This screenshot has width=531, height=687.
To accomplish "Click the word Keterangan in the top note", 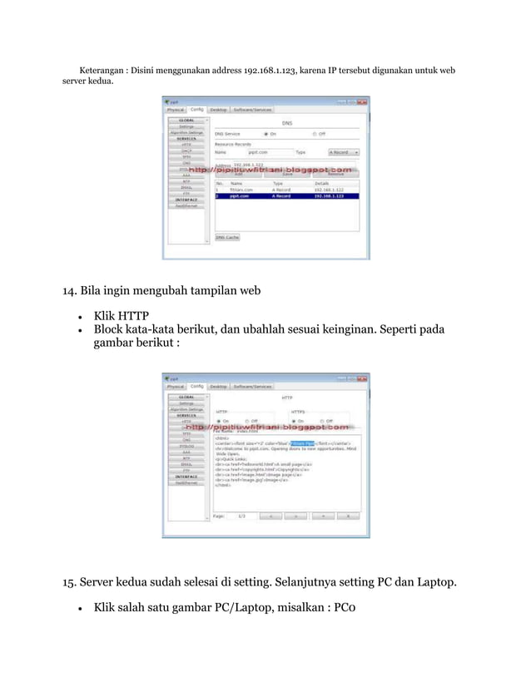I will click(104, 71).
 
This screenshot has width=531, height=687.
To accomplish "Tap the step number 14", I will click(71, 291).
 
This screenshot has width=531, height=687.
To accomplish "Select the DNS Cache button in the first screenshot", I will click(228, 237).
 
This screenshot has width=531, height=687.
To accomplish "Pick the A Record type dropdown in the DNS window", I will click(343, 153).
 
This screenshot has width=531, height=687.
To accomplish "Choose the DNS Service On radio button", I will click(265, 133).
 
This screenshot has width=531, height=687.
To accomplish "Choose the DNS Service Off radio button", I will click(315, 133).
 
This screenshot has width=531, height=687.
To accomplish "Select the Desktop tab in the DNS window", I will click(218, 109).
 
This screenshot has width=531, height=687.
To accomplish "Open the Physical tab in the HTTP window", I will click(176, 386).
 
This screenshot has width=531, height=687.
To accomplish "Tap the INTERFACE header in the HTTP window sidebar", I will click(186, 477).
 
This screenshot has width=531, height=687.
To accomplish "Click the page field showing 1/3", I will click(241, 516).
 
